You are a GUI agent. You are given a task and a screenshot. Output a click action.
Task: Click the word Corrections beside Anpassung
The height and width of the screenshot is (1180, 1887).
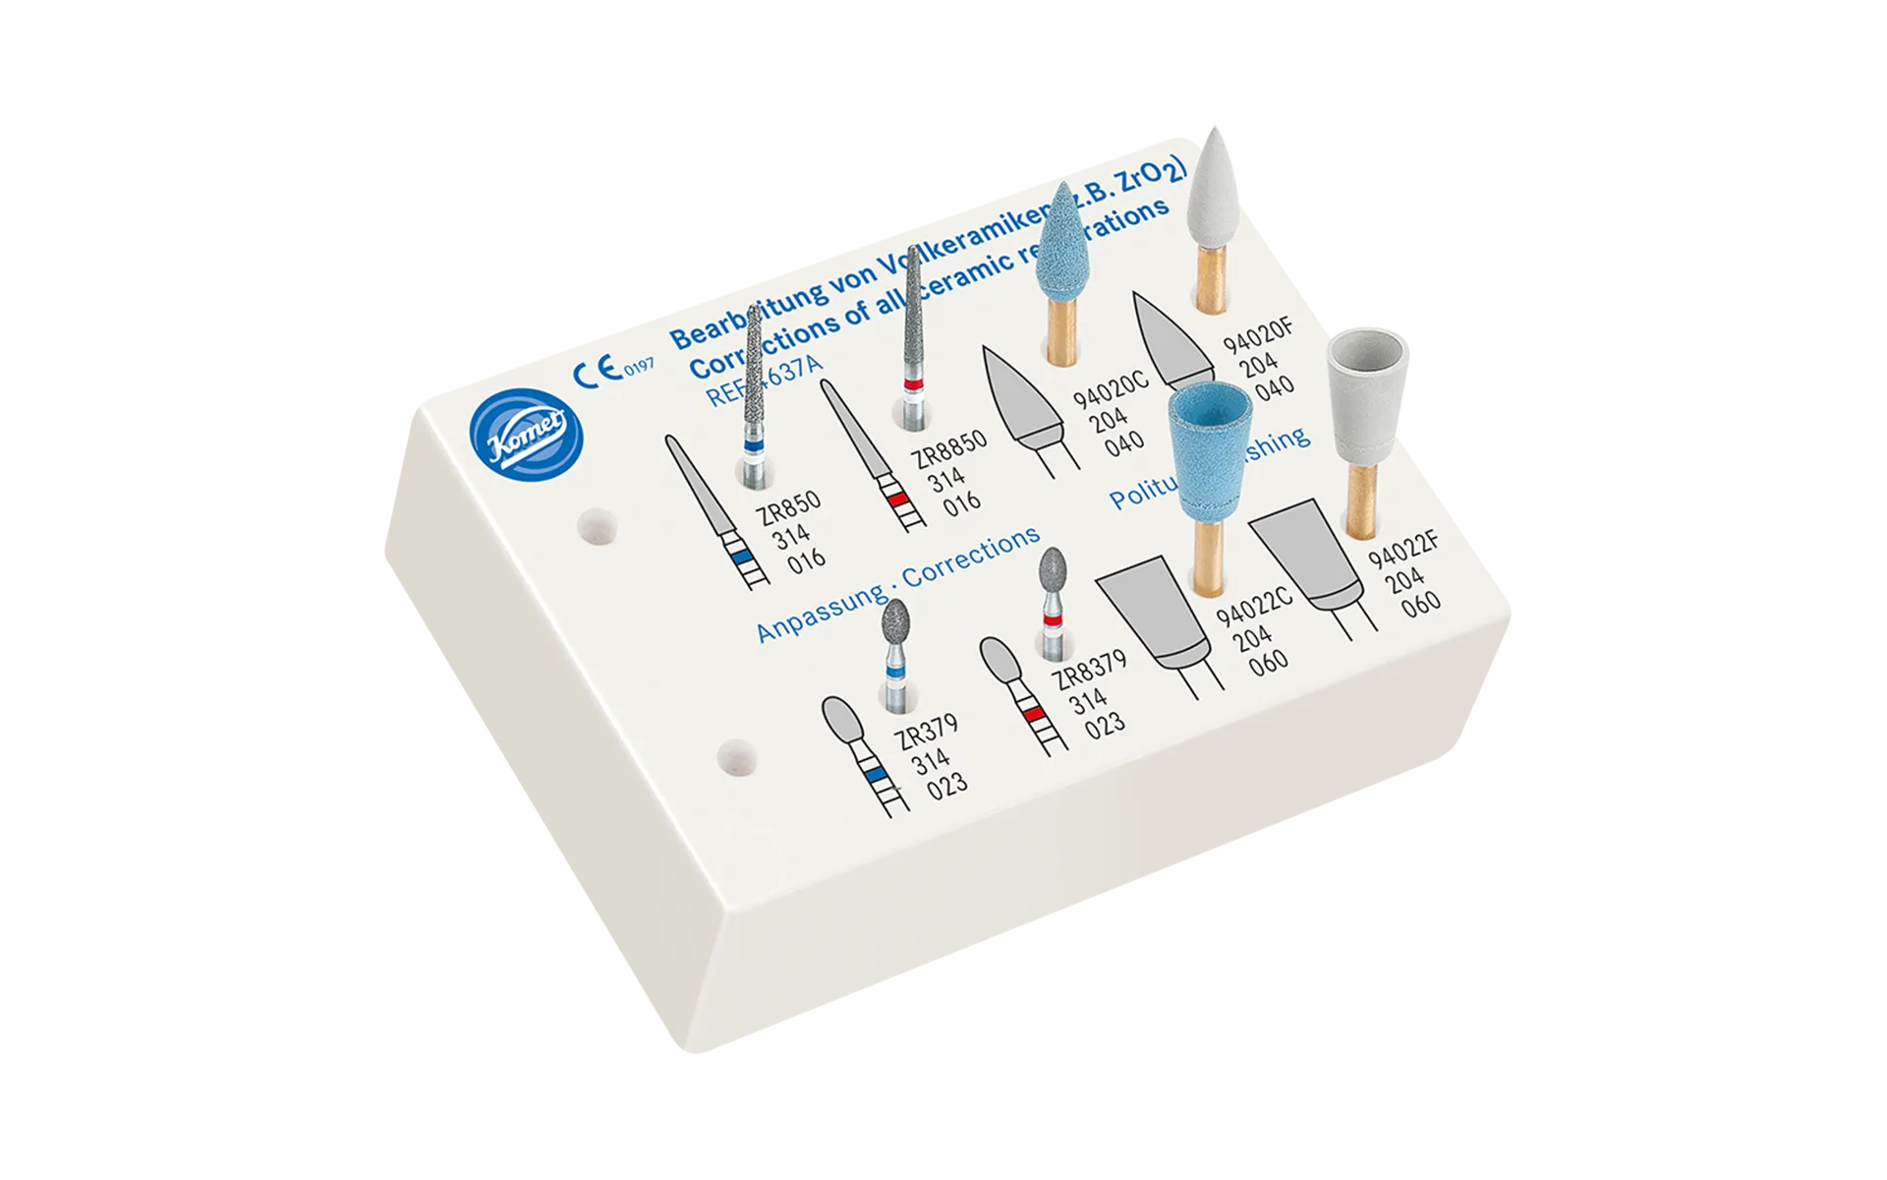(970, 557)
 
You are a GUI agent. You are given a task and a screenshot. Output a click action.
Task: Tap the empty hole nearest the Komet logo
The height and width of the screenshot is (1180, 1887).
(597, 527)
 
